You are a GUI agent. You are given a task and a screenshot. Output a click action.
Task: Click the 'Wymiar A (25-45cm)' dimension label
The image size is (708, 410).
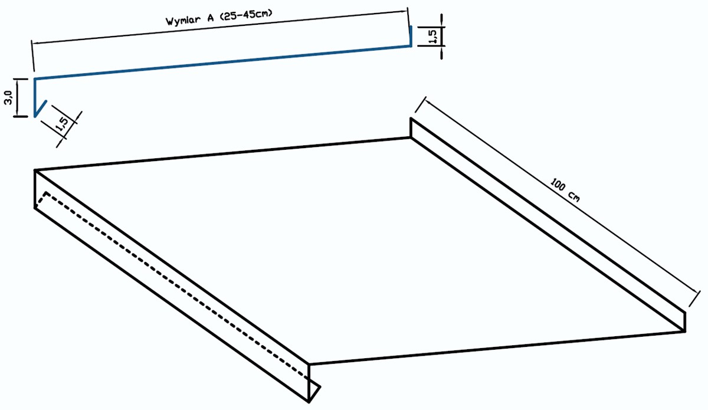pyautogui.click(x=219, y=17)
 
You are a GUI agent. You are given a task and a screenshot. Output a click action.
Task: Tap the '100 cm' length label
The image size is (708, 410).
pyautogui.click(x=565, y=190)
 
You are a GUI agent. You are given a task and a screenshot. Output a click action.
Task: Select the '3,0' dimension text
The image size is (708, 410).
pyautogui.click(x=8, y=97)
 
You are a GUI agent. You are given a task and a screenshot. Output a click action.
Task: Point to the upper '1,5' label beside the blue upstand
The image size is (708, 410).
pyautogui.click(x=433, y=37)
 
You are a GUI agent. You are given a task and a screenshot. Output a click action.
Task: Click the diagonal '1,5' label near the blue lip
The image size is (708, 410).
pyautogui.click(x=62, y=124)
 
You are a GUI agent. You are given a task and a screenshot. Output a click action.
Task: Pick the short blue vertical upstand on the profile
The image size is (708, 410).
pyautogui.click(x=411, y=36)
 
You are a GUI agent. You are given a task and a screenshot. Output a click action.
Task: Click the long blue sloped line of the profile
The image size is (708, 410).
pyautogui.click(x=222, y=63)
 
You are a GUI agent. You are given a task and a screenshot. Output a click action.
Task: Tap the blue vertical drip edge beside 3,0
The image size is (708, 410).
pyautogui.click(x=35, y=97)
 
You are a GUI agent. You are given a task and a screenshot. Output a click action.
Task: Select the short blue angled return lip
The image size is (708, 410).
pyautogui.click(x=41, y=109)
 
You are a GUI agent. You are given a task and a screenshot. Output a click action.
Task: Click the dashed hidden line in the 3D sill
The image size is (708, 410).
pyautogui.click(x=177, y=286)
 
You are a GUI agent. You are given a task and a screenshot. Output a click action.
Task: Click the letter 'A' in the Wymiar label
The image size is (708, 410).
pyautogui.click(x=210, y=18)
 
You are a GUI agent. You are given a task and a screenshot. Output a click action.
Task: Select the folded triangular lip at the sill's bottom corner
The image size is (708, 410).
pyautogui.click(x=314, y=391)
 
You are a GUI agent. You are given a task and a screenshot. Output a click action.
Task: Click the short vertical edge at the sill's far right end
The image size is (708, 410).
pyautogui.click(x=685, y=322)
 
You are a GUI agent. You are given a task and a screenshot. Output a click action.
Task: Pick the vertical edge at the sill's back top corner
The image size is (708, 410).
pyautogui.click(x=411, y=127)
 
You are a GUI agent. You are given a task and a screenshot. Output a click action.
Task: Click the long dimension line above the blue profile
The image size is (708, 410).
pyautogui.click(x=220, y=27)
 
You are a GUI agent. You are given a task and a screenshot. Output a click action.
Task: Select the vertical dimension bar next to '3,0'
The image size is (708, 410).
pyautogui.click(x=18, y=97)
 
